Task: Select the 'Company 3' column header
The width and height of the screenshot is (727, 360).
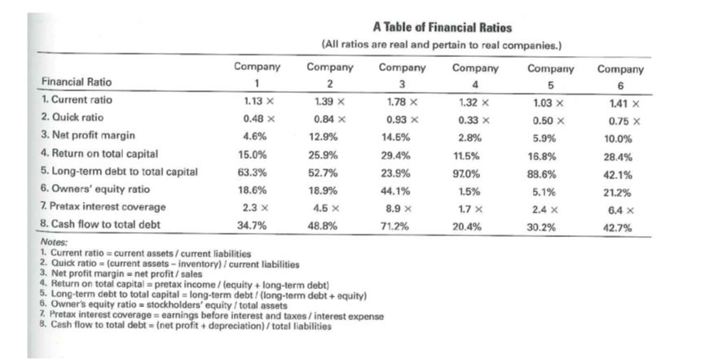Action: pyautogui.click(x=403, y=75)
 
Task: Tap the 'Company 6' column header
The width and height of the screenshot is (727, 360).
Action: pyautogui.click(x=620, y=76)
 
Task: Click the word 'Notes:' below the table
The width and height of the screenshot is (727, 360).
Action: pyautogui.click(x=54, y=243)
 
